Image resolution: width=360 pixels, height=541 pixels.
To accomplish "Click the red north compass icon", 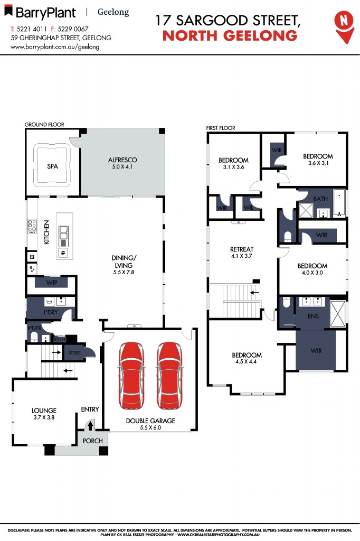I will click(x=344, y=23).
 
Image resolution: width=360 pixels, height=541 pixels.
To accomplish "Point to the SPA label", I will click(x=52, y=166).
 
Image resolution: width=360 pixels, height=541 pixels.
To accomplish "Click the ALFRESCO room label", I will click(x=122, y=160).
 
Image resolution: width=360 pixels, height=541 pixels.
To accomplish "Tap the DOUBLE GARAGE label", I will click(x=150, y=421).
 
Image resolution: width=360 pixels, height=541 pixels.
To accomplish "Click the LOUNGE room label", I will click(x=44, y=410).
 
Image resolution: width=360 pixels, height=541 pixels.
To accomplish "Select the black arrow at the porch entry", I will click(x=90, y=424).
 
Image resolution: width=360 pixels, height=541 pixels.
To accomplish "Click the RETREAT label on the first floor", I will click(x=242, y=249).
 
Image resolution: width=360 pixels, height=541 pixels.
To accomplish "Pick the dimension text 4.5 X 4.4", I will click(x=247, y=362).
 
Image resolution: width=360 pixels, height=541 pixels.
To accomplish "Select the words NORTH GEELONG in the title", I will click(x=229, y=36).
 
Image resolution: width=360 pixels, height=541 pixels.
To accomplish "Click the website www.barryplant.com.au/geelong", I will click(x=55, y=46).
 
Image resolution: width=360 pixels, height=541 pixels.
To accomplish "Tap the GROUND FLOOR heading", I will click(x=44, y=125).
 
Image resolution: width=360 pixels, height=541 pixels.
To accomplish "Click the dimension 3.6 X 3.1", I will click(x=317, y=163).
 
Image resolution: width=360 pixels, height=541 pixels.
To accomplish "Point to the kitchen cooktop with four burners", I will click(x=32, y=227).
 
